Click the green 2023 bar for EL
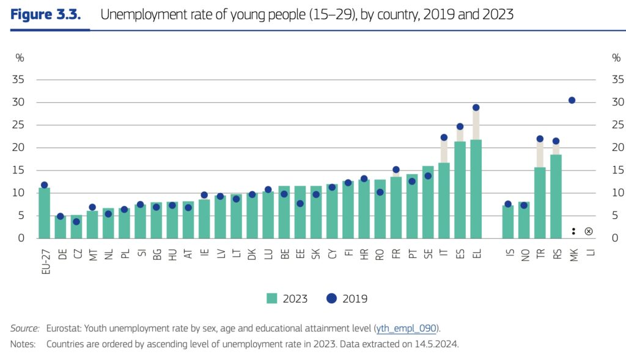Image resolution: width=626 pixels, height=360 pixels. pyautogui.click(x=476, y=189)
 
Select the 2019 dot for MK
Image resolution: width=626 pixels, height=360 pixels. pyautogui.click(x=572, y=100)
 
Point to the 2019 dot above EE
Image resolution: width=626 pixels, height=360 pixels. pyautogui.click(x=300, y=204)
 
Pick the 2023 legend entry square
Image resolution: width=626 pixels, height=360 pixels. pyautogui.click(x=271, y=298)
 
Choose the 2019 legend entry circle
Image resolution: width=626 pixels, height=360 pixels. pyautogui.click(x=332, y=298)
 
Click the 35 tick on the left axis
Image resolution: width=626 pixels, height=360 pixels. pyautogui.click(x=19, y=79)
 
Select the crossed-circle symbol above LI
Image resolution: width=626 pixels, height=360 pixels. pyautogui.click(x=588, y=231)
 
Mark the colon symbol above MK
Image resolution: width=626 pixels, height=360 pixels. pyautogui.click(x=573, y=231)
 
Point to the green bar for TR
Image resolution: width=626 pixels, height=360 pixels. pyautogui.click(x=540, y=203)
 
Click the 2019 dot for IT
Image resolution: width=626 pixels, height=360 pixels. pyautogui.click(x=444, y=138)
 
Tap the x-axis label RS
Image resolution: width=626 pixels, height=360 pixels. pyautogui.click(x=556, y=252)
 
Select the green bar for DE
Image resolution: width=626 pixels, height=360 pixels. pyautogui.click(x=61, y=227)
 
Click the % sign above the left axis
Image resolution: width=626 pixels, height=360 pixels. pyautogui.click(x=20, y=57)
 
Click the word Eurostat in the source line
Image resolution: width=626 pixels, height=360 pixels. pyautogui.click(x=64, y=328)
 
